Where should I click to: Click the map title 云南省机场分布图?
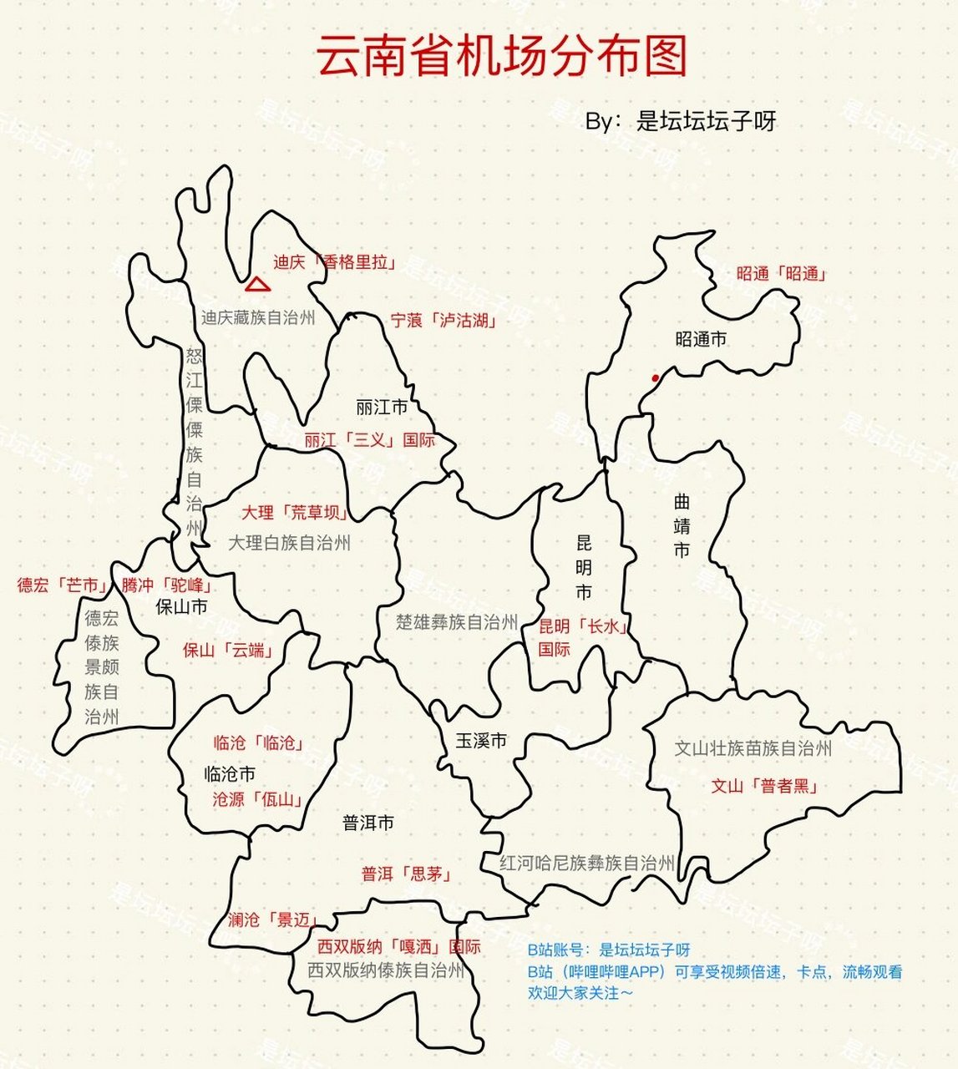coord(502,56)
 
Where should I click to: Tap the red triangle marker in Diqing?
coord(258,285)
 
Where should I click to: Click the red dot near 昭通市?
coord(656,378)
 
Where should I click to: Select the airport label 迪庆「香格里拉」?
coord(333,262)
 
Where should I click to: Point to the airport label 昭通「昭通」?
coord(781,274)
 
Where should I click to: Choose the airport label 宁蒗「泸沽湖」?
coord(444,320)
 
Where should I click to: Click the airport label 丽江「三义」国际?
coord(369,440)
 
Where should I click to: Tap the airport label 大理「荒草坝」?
coord(295,512)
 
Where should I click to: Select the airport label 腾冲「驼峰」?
coord(167,585)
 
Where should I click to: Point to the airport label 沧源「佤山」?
coord(256,799)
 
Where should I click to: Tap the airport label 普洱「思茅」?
coord(406,874)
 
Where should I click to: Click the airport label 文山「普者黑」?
coord(764,786)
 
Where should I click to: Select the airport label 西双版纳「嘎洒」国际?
coord(399,947)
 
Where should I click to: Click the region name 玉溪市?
coord(481,741)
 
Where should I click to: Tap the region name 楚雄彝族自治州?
coord(457,622)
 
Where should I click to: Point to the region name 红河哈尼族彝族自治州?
coord(586,863)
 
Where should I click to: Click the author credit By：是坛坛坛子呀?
coord(681,121)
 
